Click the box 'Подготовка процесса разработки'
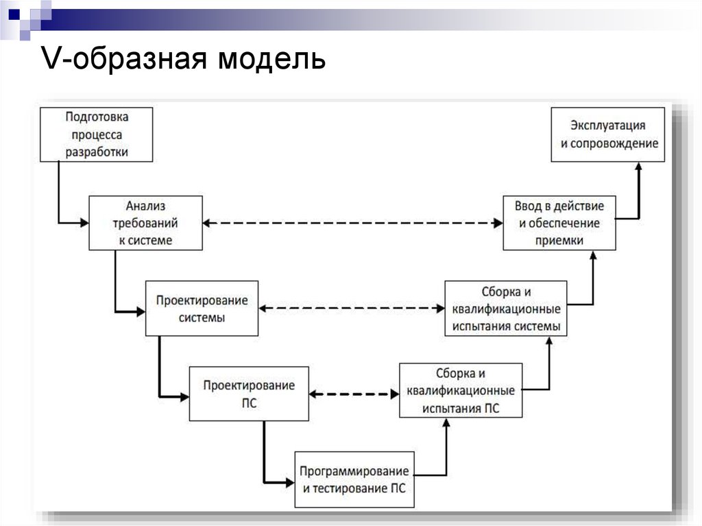[x=97, y=134]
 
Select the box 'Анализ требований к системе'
[x=145, y=223]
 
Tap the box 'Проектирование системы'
[x=202, y=309]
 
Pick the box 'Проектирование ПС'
[x=249, y=394]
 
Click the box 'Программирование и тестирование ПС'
[x=354, y=479]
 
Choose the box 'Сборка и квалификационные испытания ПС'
[x=461, y=391]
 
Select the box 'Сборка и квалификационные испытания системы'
[x=506, y=308]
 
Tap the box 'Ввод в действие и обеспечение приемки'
[x=559, y=223]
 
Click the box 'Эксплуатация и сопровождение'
[x=608, y=134]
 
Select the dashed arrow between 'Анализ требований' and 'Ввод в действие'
[x=353, y=223]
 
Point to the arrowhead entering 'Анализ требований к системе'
[x=85, y=223]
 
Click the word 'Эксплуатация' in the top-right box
[x=608, y=126]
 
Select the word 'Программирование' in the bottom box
[x=354, y=472]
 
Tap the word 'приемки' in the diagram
[x=560, y=240]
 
